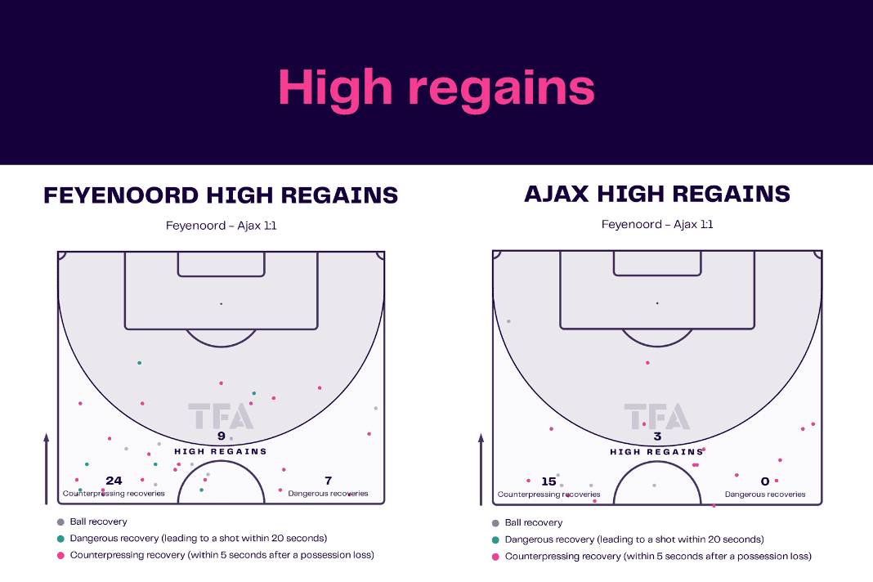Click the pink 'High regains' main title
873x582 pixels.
point(437,88)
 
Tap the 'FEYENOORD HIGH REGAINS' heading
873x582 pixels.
point(221,195)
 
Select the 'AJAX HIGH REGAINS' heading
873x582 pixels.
point(657,194)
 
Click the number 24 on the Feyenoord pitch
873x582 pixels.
point(114,481)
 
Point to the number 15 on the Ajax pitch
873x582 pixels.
point(548,481)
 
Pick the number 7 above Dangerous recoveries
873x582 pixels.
point(329,480)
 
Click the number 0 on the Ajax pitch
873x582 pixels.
point(765,481)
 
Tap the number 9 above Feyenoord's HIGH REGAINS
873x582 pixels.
point(221,436)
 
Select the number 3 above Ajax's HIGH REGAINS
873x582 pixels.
point(657,437)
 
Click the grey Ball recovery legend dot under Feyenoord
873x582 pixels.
point(60,522)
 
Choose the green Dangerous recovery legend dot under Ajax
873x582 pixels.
point(495,539)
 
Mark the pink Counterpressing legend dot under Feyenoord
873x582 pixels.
point(60,555)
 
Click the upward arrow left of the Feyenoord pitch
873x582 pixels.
point(47,469)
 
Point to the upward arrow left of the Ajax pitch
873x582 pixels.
point(481,470)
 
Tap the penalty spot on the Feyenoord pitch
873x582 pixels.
point(221,303)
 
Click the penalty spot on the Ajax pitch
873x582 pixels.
point(657,303)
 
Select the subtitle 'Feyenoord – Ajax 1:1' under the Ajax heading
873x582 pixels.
point(657,225)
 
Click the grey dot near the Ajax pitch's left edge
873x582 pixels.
point(508,321)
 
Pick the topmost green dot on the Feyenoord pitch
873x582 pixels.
point(139,363)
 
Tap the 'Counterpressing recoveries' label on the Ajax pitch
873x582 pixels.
point(548,494)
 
